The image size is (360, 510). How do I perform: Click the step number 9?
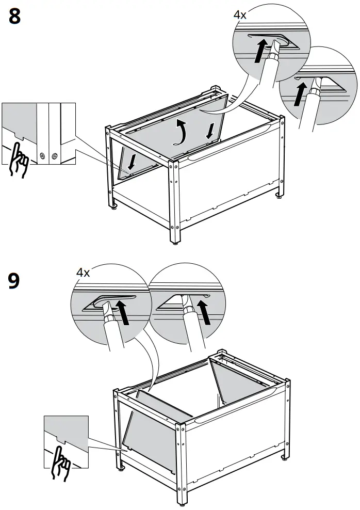[15, 281]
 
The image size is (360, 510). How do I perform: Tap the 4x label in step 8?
[240, 15]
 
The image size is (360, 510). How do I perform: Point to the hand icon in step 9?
[60, 461]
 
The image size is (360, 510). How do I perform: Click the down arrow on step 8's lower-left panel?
[132, 163]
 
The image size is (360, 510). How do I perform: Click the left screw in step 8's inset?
[42, 155]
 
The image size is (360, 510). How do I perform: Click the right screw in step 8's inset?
[53, 155]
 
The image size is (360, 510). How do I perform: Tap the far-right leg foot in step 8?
[279, 196]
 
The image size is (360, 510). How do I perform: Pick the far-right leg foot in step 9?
[284, 457]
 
